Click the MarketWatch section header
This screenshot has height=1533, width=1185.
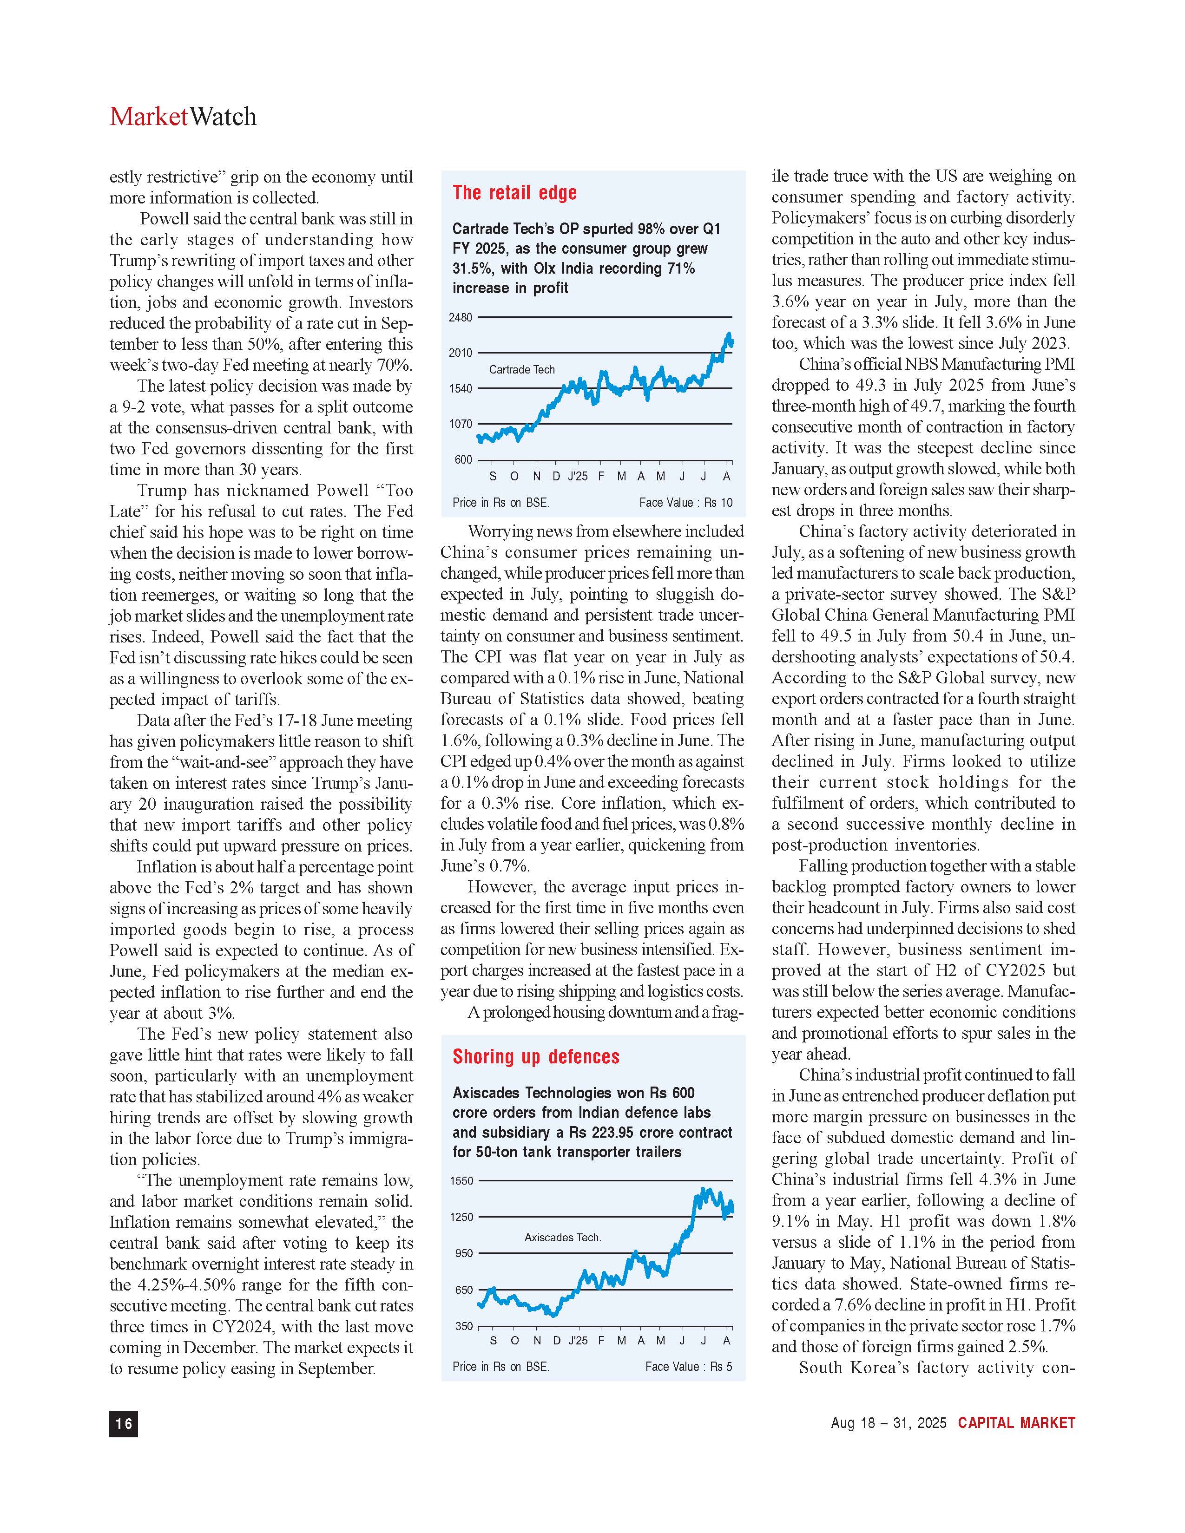[x=183, y=117]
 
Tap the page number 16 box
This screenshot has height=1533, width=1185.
[x=124, y=1423]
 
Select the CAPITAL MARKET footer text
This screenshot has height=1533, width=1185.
[x=1016, y=1423]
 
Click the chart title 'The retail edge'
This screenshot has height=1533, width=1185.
[x=514, y=193]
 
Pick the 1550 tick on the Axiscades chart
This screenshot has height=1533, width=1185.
[x=461, y=1180]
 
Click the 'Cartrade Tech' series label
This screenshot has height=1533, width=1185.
[x=521, y=370]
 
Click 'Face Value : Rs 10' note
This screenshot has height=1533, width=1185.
[x=685, y=503]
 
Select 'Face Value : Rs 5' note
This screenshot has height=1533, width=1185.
[x=688, y=1367]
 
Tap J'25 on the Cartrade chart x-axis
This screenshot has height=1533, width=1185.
[x=578, y=477]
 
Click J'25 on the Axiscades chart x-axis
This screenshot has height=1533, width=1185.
[x=578, y=1341]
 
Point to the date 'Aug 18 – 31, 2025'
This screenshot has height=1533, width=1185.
[x=888, y=1423]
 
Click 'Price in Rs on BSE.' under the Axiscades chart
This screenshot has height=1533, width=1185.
[x=500, y=1367]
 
